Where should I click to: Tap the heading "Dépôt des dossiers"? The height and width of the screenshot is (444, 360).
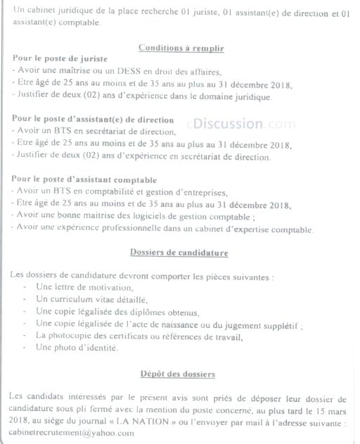click(x=177, y=374)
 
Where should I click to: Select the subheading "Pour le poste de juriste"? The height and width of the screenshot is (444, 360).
click(x=59, y=59)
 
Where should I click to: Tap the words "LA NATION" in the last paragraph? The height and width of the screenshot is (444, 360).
click(x=158, y=422)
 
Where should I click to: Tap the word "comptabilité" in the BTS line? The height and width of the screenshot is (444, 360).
click(x=100, y=192)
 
